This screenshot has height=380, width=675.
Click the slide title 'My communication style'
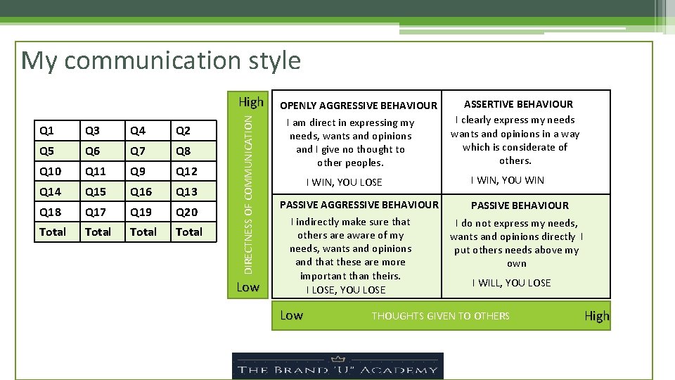[161, 61]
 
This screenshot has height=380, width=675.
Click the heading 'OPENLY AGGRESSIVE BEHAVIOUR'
[359, 106]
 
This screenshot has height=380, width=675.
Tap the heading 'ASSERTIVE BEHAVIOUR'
[518, 104]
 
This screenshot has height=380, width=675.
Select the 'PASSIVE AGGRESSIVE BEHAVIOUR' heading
[359, 205]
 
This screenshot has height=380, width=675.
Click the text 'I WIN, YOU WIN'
[517, 180]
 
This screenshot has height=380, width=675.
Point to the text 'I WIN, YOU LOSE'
[344, 182]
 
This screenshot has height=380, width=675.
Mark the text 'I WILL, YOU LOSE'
[511, 283]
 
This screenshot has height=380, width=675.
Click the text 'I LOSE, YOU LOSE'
[346, 290]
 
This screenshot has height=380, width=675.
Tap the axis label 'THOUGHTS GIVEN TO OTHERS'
[440, 316]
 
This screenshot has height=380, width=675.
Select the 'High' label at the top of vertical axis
[250, 102]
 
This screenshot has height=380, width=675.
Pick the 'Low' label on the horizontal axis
[291, 315]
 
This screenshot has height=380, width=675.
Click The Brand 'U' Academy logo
[337, 365]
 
